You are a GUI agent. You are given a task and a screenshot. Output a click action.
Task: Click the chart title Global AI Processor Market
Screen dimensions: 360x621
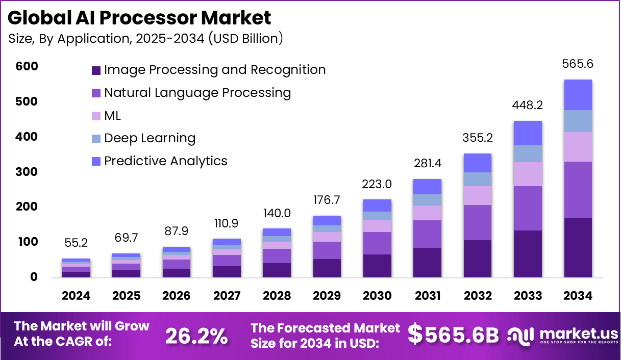[139, 18]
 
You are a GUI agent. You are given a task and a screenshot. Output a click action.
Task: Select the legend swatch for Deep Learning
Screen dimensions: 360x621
[96, 138]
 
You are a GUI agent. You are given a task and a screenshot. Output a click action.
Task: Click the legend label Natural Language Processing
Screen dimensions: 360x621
[197, 93]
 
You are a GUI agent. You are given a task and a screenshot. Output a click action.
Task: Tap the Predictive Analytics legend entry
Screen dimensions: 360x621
[165, 161]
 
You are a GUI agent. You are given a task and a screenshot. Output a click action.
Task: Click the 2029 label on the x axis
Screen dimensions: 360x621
[327, 296]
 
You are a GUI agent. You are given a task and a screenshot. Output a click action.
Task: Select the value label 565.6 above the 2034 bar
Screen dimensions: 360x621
[578, 64]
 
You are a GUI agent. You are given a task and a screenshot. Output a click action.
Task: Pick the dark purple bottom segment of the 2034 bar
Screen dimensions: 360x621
[578, 248]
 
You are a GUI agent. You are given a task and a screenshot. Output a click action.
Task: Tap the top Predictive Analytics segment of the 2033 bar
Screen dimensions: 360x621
[528, 133]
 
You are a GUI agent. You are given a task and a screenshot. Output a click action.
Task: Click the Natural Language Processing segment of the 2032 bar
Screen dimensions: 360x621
[478, 222]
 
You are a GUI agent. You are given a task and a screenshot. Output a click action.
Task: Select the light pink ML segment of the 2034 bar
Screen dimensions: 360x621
[578, 147]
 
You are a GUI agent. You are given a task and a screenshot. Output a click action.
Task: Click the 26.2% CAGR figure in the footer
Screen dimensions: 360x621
[196, 336]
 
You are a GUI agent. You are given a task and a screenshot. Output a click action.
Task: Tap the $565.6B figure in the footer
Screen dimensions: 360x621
[453, 335]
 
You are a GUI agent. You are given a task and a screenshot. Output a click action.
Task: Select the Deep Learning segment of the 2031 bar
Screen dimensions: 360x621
[428, 200]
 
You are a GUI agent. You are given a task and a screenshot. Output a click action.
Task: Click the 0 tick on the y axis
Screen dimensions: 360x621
[34, 277]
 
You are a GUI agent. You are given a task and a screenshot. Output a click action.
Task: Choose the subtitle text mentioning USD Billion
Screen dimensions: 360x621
[145, 39]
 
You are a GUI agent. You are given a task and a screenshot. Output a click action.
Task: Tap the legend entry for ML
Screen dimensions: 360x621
[112, 116]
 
